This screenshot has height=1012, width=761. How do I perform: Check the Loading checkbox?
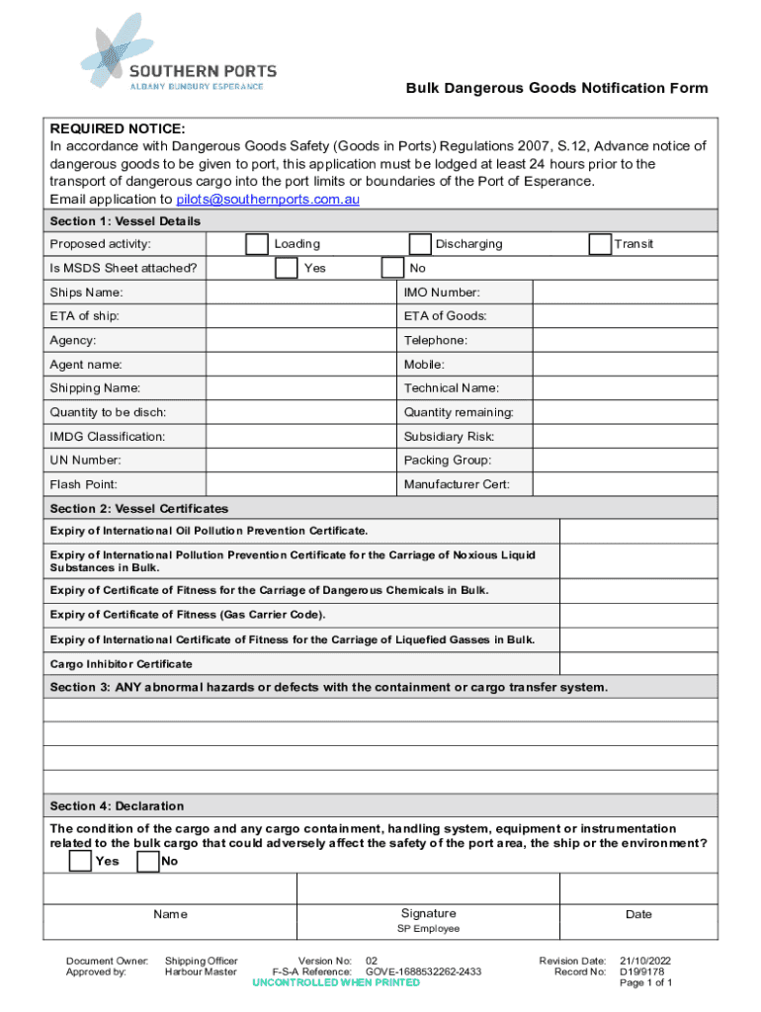(256, 244)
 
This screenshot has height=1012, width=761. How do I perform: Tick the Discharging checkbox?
(420, 244)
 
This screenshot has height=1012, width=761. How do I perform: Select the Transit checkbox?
(599, 244)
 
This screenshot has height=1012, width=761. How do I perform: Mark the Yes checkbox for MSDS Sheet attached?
(286, 268)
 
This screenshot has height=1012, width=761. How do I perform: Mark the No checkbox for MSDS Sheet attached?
(392, 268)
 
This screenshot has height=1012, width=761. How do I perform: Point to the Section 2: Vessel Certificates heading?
(139, 509)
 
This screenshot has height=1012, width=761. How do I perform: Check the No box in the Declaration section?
(148, 862)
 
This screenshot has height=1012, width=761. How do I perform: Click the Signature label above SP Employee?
(428, 913)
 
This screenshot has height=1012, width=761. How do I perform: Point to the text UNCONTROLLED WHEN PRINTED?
(336, 983)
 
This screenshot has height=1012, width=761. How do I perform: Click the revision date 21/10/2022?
(646, 961)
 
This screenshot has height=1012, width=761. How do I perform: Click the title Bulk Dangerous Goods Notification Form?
(556, 88)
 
